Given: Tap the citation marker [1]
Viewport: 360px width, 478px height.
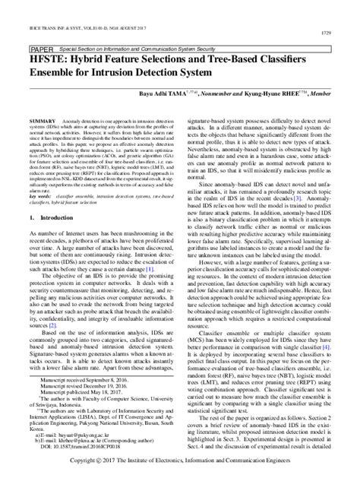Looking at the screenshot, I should coord(150,290).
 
